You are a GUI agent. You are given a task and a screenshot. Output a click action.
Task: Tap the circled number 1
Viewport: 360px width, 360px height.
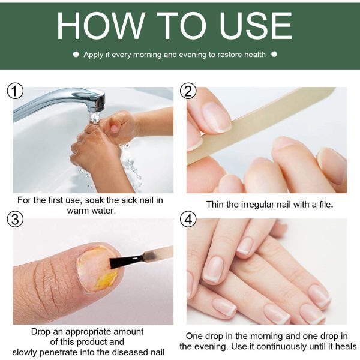click(x=15, y=91)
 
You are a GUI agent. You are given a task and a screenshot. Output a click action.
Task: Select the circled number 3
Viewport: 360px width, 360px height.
click(x=15, y=220)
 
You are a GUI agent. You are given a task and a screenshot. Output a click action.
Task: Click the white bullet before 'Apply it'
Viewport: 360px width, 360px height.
click(x=76, y=54)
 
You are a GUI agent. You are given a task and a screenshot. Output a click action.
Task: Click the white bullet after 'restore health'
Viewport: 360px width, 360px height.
click(x=274, y=54)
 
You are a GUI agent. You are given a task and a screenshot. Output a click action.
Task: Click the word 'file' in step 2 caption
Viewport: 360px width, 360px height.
click(x=323, y=204)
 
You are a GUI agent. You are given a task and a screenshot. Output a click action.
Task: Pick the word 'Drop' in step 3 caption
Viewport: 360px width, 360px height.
click(x=43, y=331)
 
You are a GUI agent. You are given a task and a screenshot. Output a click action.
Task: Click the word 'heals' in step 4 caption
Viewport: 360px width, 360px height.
click(x=344, y=347)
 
